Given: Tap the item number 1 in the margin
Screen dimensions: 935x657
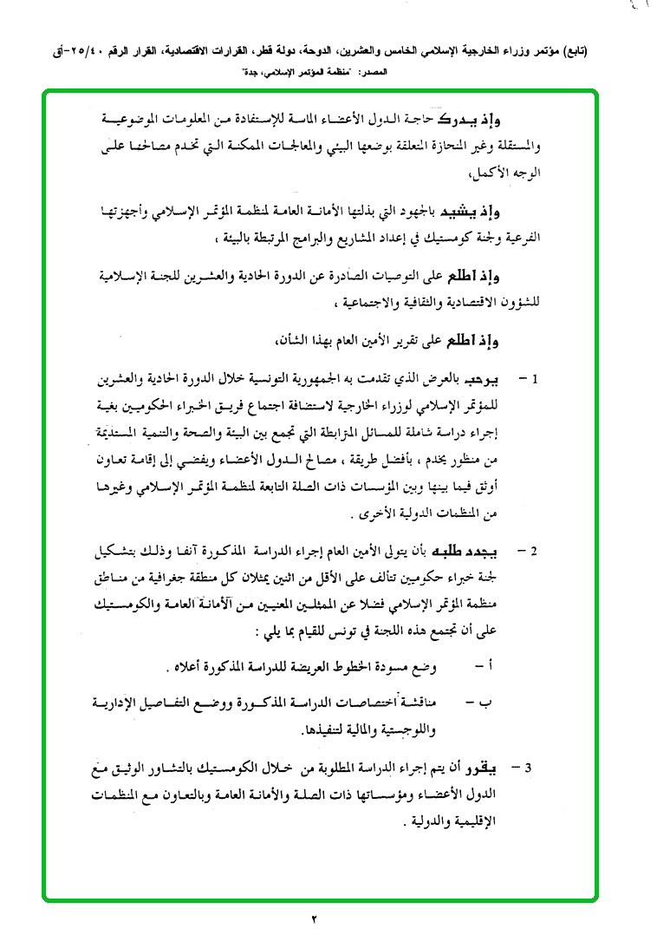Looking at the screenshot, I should coord(536,380).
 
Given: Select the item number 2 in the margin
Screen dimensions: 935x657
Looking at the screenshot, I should coord(536,550).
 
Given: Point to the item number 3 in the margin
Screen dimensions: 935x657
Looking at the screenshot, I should coord(536,768).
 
